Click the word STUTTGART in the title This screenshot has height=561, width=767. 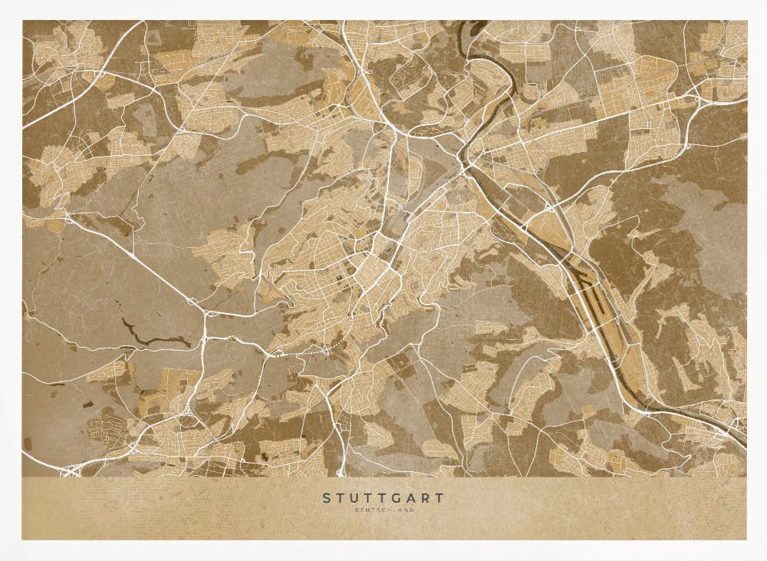[x=383, y=498]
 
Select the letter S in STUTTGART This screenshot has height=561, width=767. [x=326, y=498]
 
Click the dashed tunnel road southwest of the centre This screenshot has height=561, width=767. [x=299, y=353]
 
